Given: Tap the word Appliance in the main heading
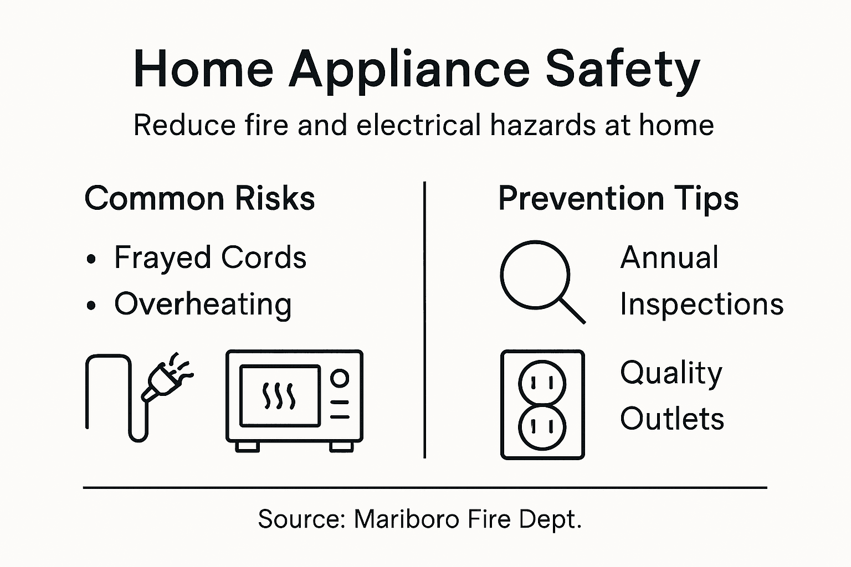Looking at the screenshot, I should (409, 70).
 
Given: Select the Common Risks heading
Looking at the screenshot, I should (199, 198).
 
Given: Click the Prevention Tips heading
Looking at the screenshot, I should (618, 198).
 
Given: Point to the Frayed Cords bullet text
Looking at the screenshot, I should (210, 257).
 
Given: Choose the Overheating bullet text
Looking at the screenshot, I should (203, 304).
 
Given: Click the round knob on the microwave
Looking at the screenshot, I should (339, 379).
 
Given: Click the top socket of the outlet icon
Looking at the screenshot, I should (542, 382).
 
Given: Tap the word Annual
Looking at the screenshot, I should (669, 257).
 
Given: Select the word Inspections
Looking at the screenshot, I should (701, 304).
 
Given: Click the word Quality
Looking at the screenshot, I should (671, 373).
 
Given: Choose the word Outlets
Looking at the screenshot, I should (672, 419).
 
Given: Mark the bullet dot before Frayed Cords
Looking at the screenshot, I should (92, 259).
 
